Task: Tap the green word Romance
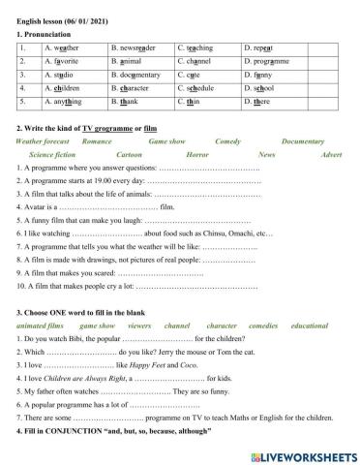[98, 141]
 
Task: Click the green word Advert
[330, 154]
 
